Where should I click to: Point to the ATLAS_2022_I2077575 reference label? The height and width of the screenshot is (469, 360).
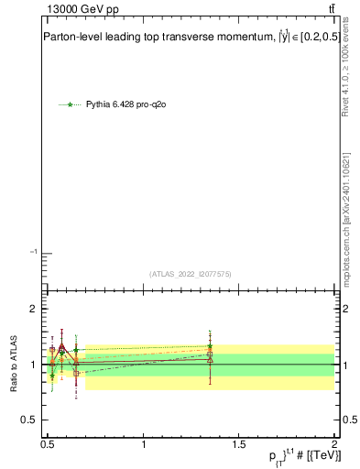pyautogui.click(x=191, y=273)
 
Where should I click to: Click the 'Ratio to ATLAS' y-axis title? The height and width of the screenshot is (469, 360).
pyautogui.click(x=15, y=365)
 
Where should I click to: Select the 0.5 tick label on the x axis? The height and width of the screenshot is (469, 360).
pyautogui.click(x=48, y=443)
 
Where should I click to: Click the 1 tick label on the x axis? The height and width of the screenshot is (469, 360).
pyautogui.click(x=144, y=443)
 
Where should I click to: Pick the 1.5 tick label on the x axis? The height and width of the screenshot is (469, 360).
pyautogui.click(x=239, y=443)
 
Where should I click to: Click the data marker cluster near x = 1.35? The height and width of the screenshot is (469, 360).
pyautogui.click(x=210, y=353)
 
